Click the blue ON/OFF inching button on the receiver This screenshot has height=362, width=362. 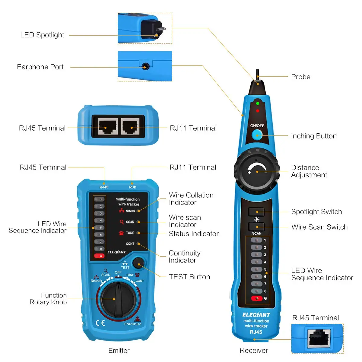coord(257,135)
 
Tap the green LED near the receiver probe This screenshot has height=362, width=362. coord(258,103)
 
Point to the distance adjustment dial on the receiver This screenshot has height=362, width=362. coord(257,171)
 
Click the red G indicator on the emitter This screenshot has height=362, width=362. coord(99,256)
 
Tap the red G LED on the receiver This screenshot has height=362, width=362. coord(257,298)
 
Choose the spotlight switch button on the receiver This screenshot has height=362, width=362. coord(256,212)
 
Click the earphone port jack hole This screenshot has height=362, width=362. coord(145,66)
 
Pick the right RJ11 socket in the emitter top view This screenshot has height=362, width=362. coord(131,126)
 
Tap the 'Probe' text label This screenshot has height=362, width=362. coord(300,77)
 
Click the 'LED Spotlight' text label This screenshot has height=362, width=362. coord(42,35)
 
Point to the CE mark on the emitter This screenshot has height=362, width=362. coord(100,323)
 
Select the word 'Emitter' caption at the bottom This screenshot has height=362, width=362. coord(119,351)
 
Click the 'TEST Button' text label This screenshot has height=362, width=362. coord(189,277)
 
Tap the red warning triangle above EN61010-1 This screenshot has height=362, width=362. coord(137,319)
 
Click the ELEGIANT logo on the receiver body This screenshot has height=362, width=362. coord(256,315)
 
